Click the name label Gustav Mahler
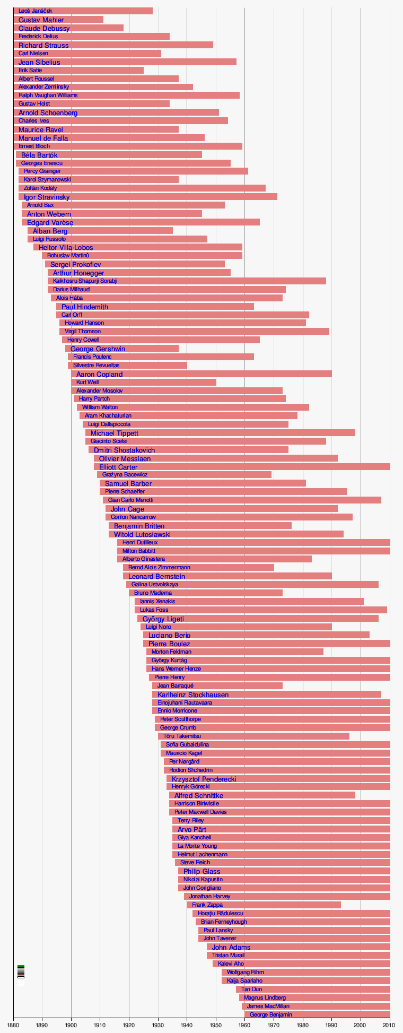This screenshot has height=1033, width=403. [41, 20]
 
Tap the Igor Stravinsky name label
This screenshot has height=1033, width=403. [47, 197]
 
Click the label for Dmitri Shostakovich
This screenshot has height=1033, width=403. [124, 450]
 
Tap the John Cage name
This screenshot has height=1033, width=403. [127, 509]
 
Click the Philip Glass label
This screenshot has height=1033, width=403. [202, 871]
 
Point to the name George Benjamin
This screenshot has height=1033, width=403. [270, 1014]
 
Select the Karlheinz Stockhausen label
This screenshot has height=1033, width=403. [193, 695]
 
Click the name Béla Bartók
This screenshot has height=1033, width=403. [39, 155]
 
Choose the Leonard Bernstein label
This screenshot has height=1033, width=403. [156, 576]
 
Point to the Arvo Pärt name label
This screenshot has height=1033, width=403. [191, 829]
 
